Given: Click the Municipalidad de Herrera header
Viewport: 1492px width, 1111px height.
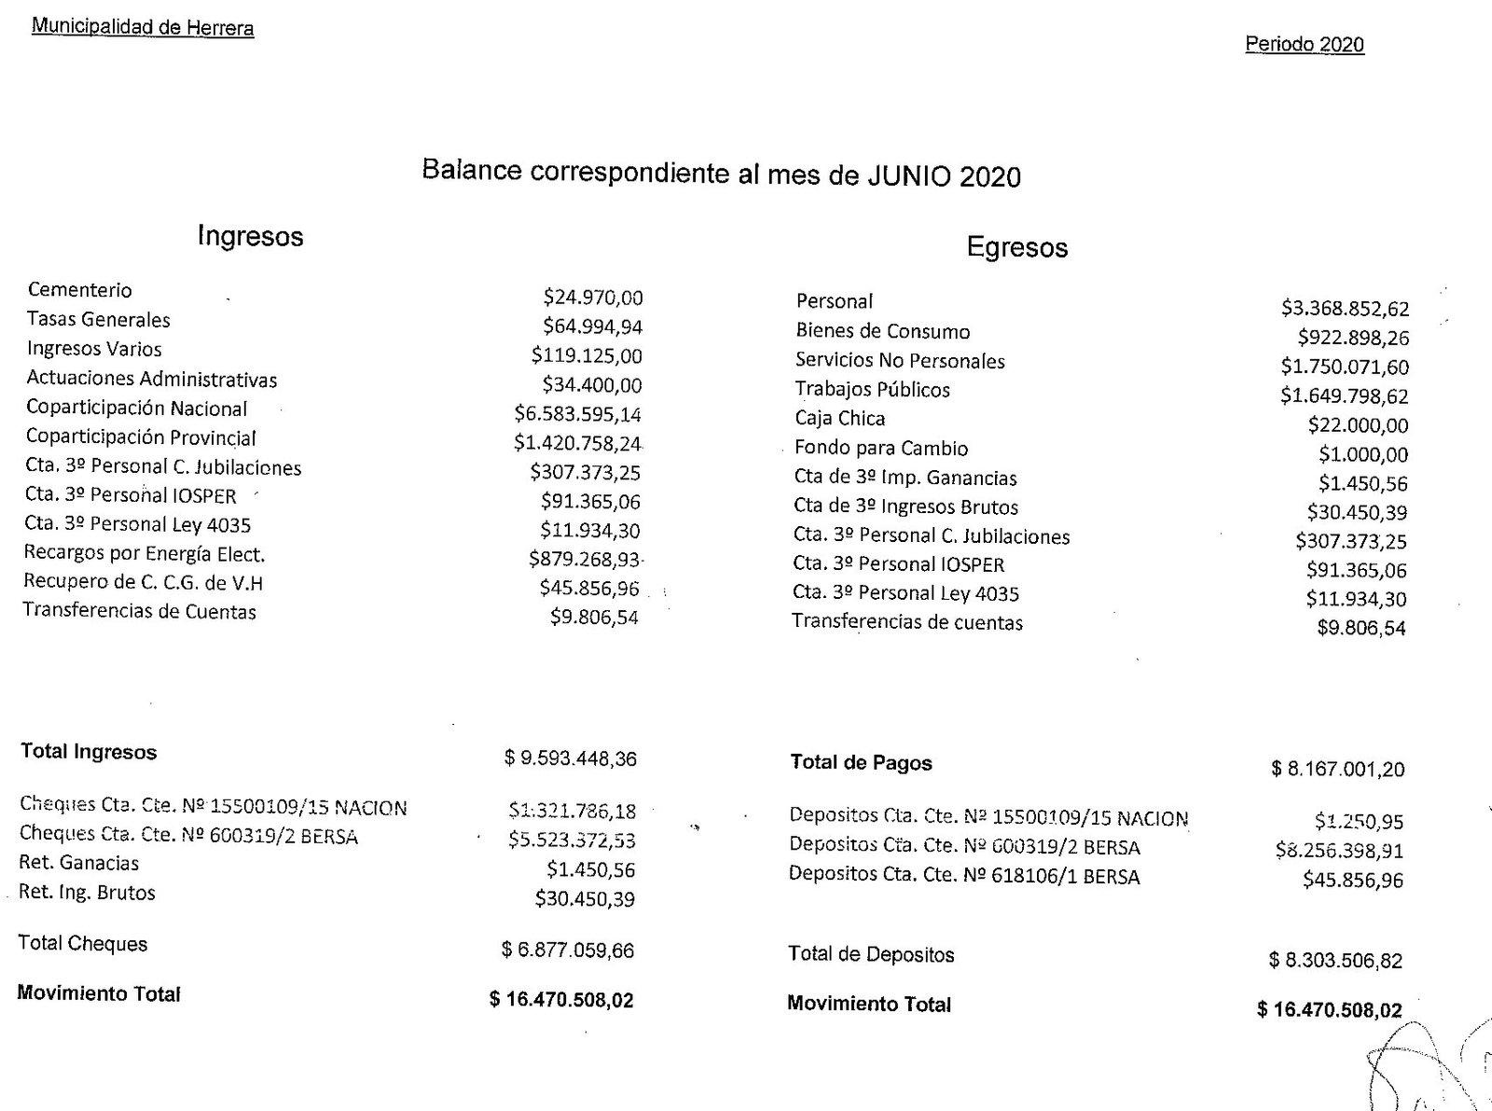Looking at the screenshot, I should click(x=143, y=27).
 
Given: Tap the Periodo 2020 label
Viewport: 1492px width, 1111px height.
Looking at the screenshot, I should click(x=1304, y=45).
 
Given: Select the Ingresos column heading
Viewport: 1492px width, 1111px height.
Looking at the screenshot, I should click(x=250, y=236).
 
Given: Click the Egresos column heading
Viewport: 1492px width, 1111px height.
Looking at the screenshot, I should click(x=1016, y=247).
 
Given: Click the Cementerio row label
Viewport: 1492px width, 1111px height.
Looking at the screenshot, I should click(x=80, y=290).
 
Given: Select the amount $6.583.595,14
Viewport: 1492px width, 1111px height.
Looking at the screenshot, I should click(x=577, y=414).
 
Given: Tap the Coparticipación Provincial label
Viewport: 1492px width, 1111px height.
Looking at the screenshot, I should click(x=141, y=437).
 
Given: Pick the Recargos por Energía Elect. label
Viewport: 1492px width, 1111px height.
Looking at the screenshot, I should click(x=145, y=554).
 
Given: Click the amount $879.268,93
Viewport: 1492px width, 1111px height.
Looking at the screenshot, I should click(x=585, y=560).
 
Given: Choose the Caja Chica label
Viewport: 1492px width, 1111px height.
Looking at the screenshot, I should click(x=839, y=418).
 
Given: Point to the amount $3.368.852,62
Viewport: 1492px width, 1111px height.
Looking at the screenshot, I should click(x=1345, y=309).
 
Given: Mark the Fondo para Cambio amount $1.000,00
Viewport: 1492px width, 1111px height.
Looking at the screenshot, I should click(x=1363, y=454).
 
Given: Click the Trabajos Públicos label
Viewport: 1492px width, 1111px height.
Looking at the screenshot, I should click(x=872, y=389).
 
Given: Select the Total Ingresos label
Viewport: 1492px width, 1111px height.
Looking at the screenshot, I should click(x=89, y=752).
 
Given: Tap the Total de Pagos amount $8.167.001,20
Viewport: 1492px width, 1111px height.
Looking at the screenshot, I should click(x=1337, y=769).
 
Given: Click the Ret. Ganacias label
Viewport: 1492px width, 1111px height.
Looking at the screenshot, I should click(x=79, y=863).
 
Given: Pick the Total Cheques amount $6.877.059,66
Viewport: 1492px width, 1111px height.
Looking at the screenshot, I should click(x=567, y=951).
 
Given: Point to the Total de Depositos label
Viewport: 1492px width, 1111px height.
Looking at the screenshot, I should click(x=871, y=954).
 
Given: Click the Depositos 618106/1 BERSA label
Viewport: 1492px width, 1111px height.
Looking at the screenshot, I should click(x=963, y=876).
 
